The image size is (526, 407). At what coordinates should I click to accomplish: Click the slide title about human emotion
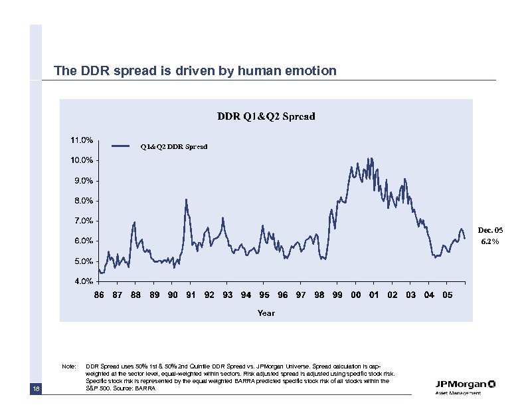tap(195, 70)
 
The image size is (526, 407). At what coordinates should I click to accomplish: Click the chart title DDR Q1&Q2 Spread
tap(266, 116)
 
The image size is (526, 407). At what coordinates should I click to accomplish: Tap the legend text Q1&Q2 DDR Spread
tap(173, 146)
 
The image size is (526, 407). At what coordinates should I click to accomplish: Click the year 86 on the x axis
tap(99, 295)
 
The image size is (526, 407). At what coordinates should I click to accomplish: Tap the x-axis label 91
tap(191, 295)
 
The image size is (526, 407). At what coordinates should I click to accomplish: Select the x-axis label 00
tap(355, 295)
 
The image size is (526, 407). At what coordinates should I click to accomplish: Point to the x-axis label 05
tap(447, 295)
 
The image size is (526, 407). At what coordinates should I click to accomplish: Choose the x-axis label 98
tap(319, 295)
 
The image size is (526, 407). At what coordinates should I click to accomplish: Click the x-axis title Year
tap(266, 312)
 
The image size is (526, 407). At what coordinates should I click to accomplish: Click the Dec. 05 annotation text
tap(490, 230)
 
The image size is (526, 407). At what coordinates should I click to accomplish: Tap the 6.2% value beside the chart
tap(490, 242)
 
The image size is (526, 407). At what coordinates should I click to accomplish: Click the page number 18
tap(36, 388)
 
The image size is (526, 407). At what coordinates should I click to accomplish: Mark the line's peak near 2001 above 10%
tap(371, 158)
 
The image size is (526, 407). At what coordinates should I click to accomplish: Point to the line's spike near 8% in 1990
tap(187, 199)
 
